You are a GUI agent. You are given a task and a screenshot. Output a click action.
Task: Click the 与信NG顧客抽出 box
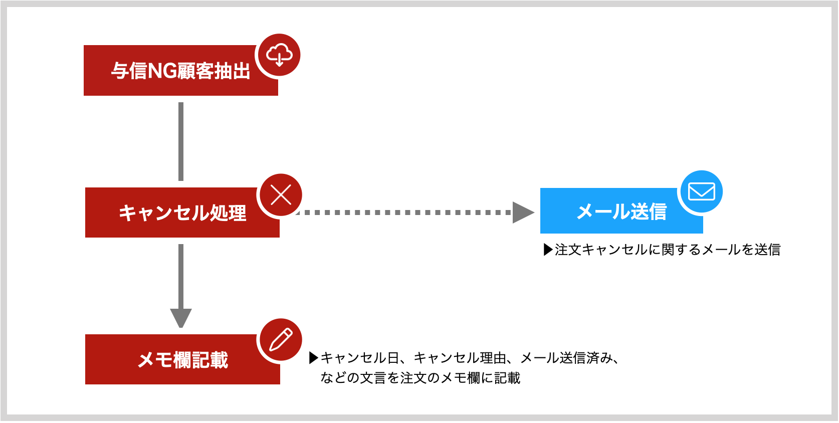coord(180,71)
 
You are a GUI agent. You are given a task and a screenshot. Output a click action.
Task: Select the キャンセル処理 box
coord(182,213)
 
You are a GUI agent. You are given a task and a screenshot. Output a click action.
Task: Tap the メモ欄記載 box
coord(182,359)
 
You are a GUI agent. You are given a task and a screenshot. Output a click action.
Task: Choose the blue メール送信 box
coord(621,211)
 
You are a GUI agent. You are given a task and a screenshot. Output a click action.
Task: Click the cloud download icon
coord(279,55)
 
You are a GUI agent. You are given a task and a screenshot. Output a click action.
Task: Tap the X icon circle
coord(281,195)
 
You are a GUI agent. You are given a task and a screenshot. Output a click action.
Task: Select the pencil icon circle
coord(281,339)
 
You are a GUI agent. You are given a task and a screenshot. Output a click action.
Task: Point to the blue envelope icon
coord(702,191)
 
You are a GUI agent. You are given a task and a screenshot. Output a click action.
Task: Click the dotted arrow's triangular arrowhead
coord(523,213)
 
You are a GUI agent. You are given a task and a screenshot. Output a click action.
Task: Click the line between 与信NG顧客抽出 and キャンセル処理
coord(181,142)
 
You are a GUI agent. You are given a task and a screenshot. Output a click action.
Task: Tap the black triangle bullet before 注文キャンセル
coord(548,250)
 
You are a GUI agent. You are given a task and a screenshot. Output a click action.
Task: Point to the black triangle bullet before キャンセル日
coord(314,358)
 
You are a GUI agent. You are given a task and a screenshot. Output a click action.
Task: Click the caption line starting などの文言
coord(420,378)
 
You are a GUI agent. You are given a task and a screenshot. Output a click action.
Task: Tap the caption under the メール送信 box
coord(662,250)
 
